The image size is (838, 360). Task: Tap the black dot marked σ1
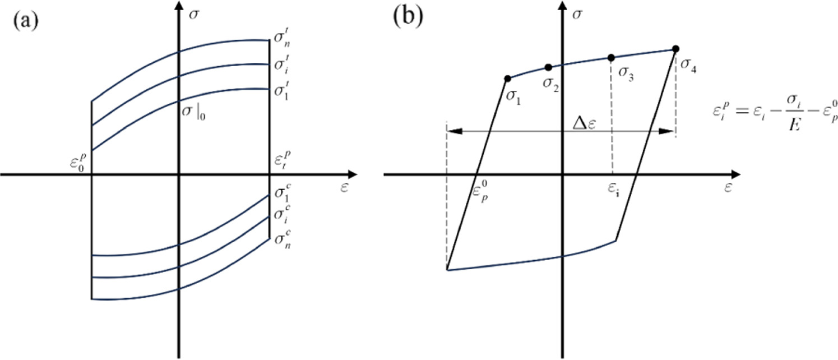tap(507, 79)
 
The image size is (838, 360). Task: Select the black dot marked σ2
tap(548, 68)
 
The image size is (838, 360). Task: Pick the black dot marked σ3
tap(612, 57)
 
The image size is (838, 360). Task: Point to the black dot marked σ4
tap(675, 48)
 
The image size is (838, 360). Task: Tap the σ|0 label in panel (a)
tap(193, 108)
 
